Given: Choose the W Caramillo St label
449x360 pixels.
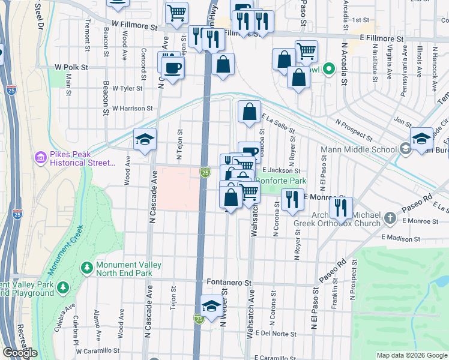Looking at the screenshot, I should point(97,349).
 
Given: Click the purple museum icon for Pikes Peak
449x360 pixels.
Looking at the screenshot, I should point(41,158).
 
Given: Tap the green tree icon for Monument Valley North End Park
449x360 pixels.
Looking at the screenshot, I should point(88,266).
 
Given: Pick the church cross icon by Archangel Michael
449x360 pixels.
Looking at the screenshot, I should point(390,218).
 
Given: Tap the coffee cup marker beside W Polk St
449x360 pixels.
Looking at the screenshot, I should point(173,68).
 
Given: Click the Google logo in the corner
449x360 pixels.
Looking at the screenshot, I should point(20,353).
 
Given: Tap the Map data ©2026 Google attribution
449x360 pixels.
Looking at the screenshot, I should point(412,355).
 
